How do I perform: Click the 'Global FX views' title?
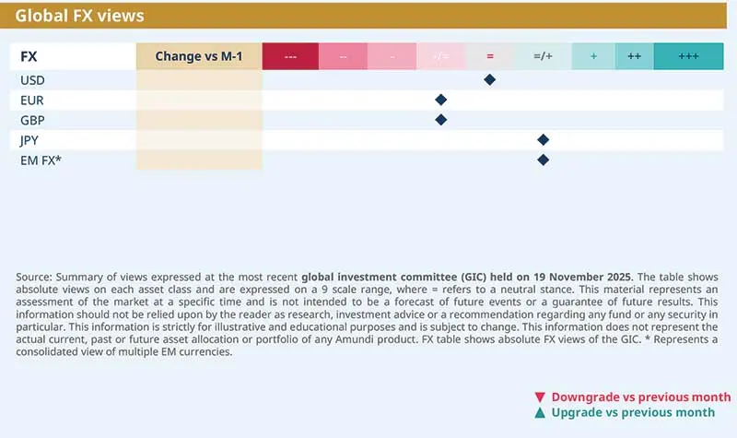click(79, 16)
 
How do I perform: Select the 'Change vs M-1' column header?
click(198, 56)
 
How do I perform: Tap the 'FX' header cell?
click(29, 56)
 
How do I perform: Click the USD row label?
click(32, 80)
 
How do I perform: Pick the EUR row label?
click(31, 100)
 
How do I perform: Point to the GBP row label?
click(32, 120)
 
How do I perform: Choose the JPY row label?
click(31, 140)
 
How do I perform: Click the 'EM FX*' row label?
click(41, 160)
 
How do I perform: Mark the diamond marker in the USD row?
click(490, 80)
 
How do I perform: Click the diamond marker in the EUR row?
click(440, 100)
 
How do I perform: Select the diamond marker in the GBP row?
click(440, 120)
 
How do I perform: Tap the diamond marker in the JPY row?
click(543, 140)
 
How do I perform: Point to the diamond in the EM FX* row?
click(543, 160)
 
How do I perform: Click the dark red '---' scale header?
click(290, 56)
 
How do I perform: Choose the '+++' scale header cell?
click(687, 56)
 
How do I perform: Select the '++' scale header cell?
click(634, 56)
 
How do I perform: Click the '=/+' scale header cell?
click(543, 56)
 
